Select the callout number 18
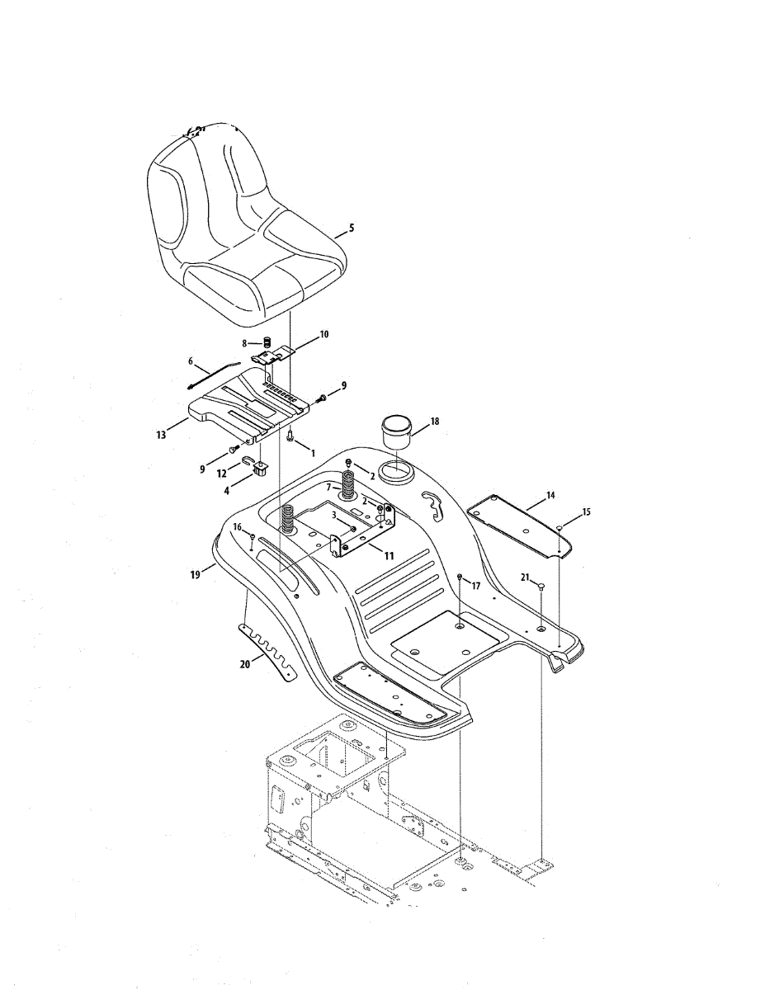click(x=435, y=422)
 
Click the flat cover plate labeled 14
click(x=517, y=524)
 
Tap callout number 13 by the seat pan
click(x=160, y=431)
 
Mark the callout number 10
click(x=324, y=334)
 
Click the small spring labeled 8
click(x=268, y=342)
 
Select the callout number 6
click(x=191, y=361)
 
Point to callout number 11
click(x=389, y=555)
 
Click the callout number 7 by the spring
click(x=328, y=488)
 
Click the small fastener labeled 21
click(x=541, y=585)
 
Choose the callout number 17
click(x=475, y=585)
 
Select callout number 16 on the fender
click(x=236, y=526)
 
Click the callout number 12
click(x=221, y=473)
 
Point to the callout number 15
click(x=587, y=512)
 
